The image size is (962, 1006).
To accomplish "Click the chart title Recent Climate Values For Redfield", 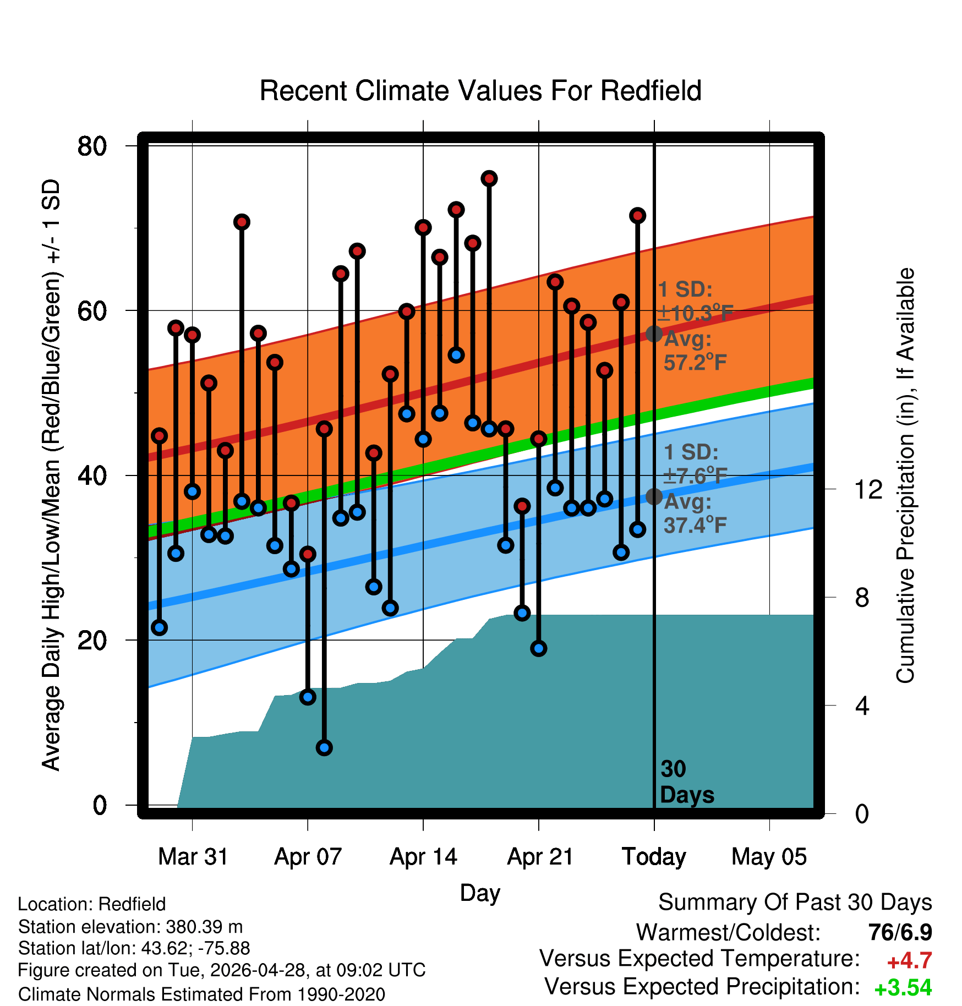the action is (480, 91).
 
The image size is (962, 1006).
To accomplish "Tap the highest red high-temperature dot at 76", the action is (489, 178).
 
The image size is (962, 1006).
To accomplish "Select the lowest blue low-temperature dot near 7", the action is (324, 747).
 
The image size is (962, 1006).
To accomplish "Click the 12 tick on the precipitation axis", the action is (868, 489).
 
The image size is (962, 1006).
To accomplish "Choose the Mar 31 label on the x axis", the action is (193, 857).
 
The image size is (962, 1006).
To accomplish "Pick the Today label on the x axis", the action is (654, 857).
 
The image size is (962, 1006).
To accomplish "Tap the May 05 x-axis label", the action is (769, 857).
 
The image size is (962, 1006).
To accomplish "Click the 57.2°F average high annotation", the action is (696, 362).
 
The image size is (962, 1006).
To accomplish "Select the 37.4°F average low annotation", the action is (696, 525).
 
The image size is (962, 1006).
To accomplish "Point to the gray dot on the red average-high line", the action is (654, 333).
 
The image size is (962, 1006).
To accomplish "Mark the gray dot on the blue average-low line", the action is (654, 496).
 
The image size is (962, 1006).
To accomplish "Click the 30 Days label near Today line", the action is (687, 782).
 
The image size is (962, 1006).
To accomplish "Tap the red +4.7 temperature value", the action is (909, 961).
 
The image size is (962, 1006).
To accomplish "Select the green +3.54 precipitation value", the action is (903, 988).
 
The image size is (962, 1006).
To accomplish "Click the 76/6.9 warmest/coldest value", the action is (900, 932).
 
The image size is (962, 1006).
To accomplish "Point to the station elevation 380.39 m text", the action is (130, 927).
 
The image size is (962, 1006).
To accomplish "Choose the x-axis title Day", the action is (480, 893).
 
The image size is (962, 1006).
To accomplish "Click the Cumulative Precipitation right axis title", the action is (905, 475).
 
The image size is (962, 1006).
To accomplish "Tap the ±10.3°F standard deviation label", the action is (696, 313).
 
